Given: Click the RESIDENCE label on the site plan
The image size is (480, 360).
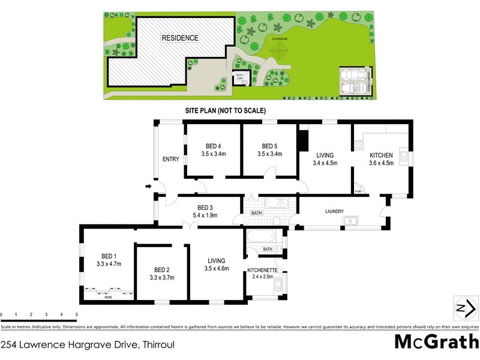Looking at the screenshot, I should [180, 38].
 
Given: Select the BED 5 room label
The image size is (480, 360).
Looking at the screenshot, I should [269, 146].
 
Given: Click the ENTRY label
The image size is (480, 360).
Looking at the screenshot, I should [171, 159].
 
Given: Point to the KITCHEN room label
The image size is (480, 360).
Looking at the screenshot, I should [381, 155].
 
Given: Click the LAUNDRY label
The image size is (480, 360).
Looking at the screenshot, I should [334, 211].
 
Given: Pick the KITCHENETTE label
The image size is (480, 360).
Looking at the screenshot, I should [262, 271].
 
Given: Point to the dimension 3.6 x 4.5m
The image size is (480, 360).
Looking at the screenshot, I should [381, 163].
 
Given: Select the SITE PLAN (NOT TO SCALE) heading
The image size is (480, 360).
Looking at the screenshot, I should [225, 111].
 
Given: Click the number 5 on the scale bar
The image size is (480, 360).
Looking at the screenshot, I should [76, 314].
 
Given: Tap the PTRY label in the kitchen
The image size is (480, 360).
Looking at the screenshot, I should [358, 191].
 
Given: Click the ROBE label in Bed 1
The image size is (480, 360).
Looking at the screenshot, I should [108, 297].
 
